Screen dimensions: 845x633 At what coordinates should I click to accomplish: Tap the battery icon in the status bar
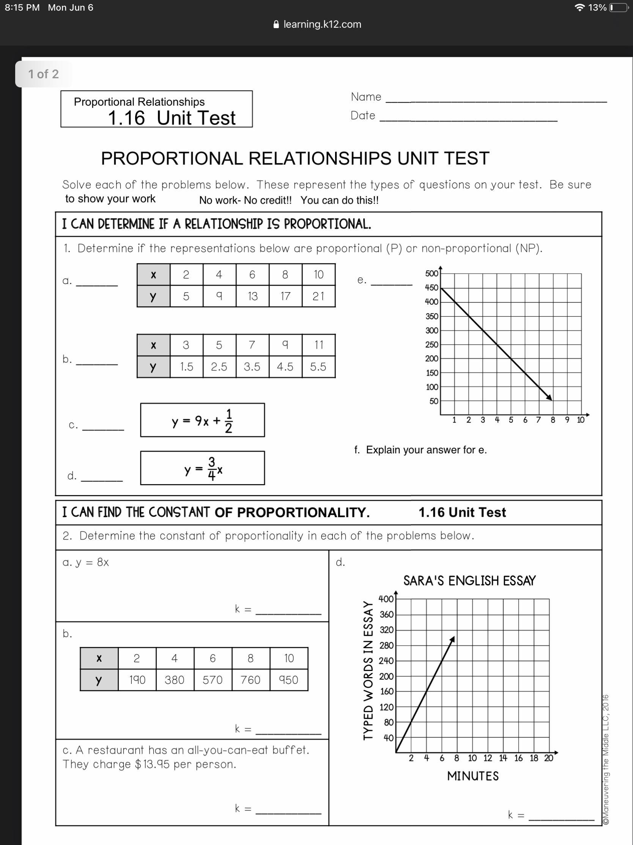(x=618, y=8)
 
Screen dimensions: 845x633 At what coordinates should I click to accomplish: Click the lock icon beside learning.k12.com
(x=277, y=24)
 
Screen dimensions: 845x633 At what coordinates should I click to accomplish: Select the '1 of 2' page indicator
(x=44, y=74)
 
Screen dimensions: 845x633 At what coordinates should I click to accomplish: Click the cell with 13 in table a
(x=252, y=296)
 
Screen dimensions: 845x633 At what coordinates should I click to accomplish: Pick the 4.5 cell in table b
(x=285, y=367)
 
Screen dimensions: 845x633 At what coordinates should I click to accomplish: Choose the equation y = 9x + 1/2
(x=202, y=420)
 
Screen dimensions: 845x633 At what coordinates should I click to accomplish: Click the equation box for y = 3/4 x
(x=202, y=468)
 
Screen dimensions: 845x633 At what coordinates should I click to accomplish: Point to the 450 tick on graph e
(x=431, y=288)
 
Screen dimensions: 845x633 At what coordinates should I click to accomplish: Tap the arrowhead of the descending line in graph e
(x=550, y=398)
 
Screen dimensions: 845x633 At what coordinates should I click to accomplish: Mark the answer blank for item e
(x=392, y=284)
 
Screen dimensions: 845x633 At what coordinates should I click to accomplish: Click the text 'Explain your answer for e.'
(x=426, y=450)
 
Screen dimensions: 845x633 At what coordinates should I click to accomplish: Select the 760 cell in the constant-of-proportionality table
(x=250, y=680)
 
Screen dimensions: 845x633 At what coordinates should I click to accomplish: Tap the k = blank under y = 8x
(x=288, y=614)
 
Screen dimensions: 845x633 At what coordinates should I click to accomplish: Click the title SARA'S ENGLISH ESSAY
(x=469, y=581)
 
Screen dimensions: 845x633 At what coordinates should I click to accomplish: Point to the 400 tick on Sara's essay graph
(x=386, y=599)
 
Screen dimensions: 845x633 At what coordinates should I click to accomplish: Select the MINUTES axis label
(x=473, y=776)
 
